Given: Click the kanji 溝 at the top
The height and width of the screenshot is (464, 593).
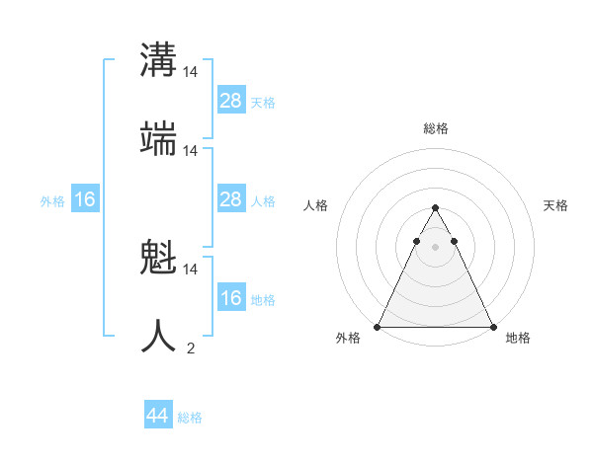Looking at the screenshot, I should (159, 59).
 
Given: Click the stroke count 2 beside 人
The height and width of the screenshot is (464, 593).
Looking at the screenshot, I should (191, 348).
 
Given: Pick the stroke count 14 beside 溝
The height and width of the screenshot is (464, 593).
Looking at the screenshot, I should (191, 72).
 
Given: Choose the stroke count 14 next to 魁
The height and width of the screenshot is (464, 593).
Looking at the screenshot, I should (191, 269).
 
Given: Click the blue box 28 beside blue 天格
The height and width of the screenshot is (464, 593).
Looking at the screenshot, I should (231, 100).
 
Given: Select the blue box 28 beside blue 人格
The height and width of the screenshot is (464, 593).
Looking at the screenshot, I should (231, 199).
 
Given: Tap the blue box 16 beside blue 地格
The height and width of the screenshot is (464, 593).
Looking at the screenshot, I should (231, 298).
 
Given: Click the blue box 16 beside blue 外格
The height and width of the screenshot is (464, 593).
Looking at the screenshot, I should (85, 199).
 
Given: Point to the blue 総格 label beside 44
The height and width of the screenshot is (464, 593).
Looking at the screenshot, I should (190, 418).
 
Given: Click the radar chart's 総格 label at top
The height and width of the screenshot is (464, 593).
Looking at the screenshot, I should (435, 128).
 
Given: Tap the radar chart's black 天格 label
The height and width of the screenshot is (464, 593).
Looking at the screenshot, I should (555, 205).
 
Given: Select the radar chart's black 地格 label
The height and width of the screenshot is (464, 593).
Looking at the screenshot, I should (518, 339).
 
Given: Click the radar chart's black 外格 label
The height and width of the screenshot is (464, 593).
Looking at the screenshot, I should (348, 339).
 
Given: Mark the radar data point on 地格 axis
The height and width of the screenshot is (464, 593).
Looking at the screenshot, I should (492, 327).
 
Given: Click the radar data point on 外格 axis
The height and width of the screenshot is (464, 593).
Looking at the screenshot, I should (378, 327).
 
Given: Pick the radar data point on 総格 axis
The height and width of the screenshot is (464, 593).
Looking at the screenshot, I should (435, 208).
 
